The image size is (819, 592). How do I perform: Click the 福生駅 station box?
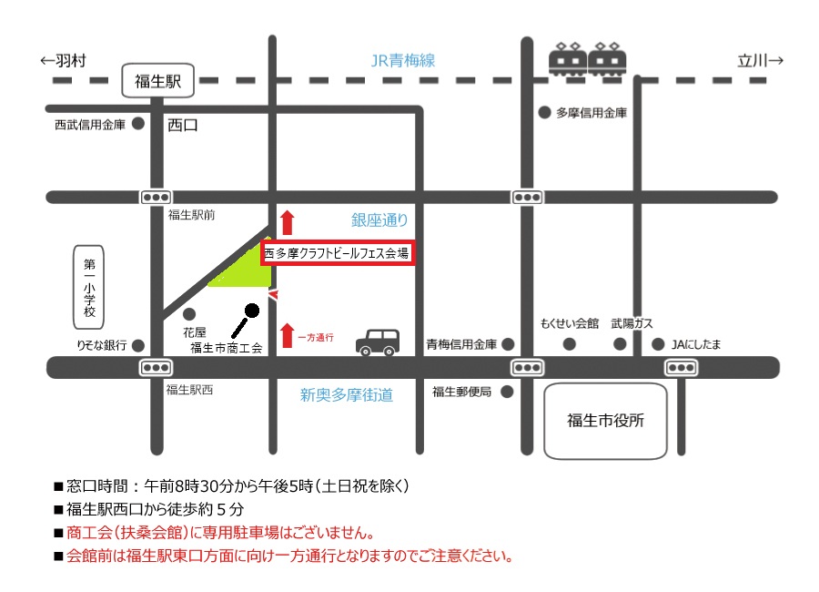point(158,82)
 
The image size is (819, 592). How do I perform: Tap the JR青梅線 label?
point(402,61)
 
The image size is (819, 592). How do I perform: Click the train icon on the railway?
point(588,59)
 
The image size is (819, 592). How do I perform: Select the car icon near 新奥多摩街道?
point(376,342)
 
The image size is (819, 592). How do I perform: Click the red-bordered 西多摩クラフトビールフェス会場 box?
point(338,253)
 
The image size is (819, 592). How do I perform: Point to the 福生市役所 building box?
point(605,421)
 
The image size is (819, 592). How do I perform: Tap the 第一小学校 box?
point(89,287)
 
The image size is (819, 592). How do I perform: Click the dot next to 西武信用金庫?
point(138,123)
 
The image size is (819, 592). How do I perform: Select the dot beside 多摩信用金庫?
point(544,113)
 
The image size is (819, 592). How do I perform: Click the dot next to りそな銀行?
point(138,345)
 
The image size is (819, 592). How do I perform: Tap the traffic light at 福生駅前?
point(156,197)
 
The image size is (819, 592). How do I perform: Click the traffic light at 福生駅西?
point(156,367)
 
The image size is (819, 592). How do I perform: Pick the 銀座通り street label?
point(379,219)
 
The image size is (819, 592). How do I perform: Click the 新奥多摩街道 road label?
point(347,395)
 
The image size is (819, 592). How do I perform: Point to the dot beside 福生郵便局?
point(507,392)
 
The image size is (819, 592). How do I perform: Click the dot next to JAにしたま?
point(659,344)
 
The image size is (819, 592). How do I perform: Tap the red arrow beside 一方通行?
point(288,336)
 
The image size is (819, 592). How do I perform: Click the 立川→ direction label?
point(761,61)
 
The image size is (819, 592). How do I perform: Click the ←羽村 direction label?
point(64,61)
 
